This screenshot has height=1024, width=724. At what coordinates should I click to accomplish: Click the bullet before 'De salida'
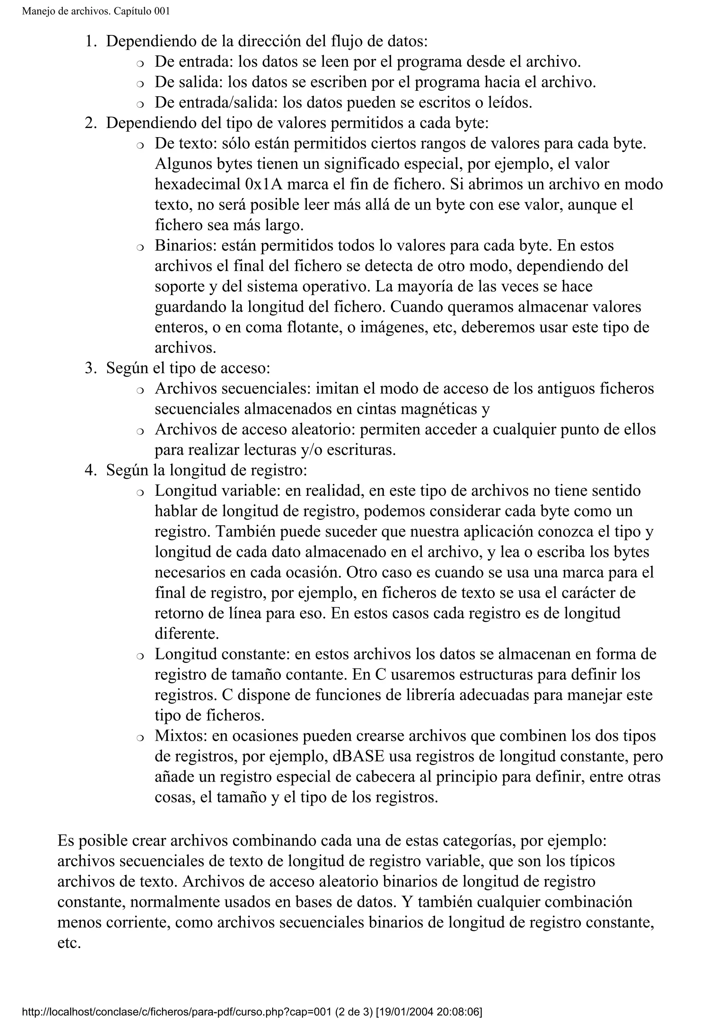tap(140, 83)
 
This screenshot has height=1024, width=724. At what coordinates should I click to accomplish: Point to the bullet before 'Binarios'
tap(140, 247)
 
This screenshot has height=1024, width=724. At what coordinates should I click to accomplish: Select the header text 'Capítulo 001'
tap(142, 11)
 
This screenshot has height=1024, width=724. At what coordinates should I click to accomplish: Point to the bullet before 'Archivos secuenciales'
tap(140, 390)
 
